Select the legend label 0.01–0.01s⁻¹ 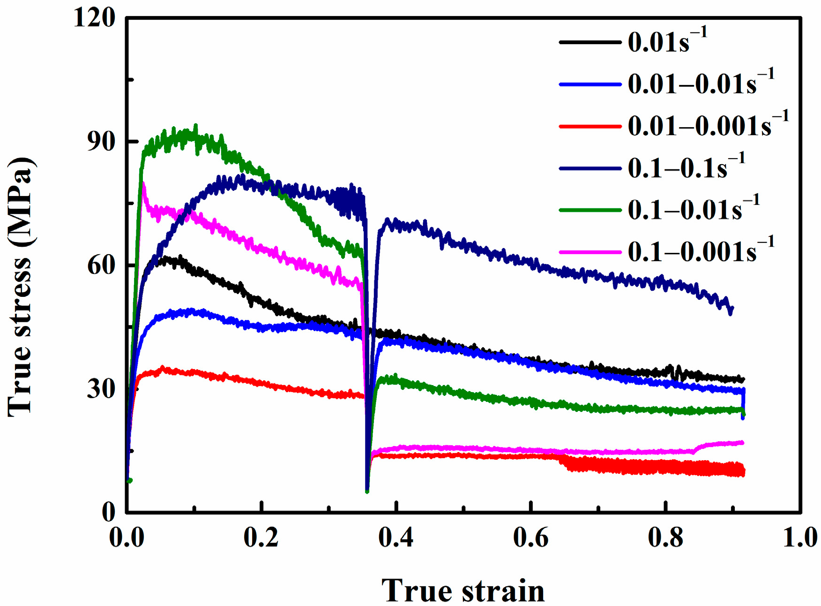click(x=701, y=83)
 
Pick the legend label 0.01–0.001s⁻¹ click(x=708, y=126)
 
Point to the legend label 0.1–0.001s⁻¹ click(x=701, y=251)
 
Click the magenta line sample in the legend click(x=590, y=252)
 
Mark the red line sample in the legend click(x=590, y=126)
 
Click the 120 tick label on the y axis click(x=94, y=19)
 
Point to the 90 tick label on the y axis click(x=101, y=142)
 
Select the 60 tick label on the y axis click(x=101, y=265)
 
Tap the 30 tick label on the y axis click(x=101, y=389)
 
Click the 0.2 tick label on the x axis click(x=261, y=538)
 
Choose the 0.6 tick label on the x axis click(x=530, y=538)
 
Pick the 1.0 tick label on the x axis click(x=800, y=538)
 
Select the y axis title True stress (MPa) click(x=21, y=287)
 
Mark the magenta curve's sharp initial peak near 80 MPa click(x=143, y=184)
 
